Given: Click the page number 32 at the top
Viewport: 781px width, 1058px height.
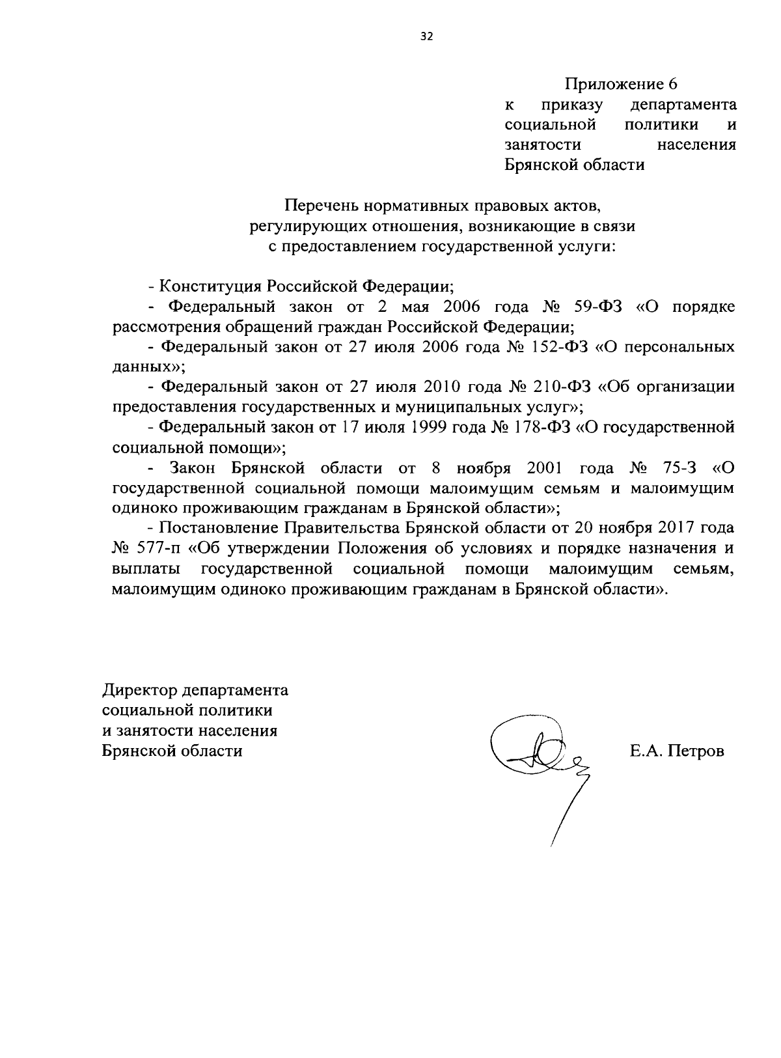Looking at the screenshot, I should click(x=426, y=36).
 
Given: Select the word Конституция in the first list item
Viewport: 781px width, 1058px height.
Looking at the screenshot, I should click(x=213, y=286).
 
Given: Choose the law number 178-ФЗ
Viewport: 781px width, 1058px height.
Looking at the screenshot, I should click(x=542, y=427).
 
